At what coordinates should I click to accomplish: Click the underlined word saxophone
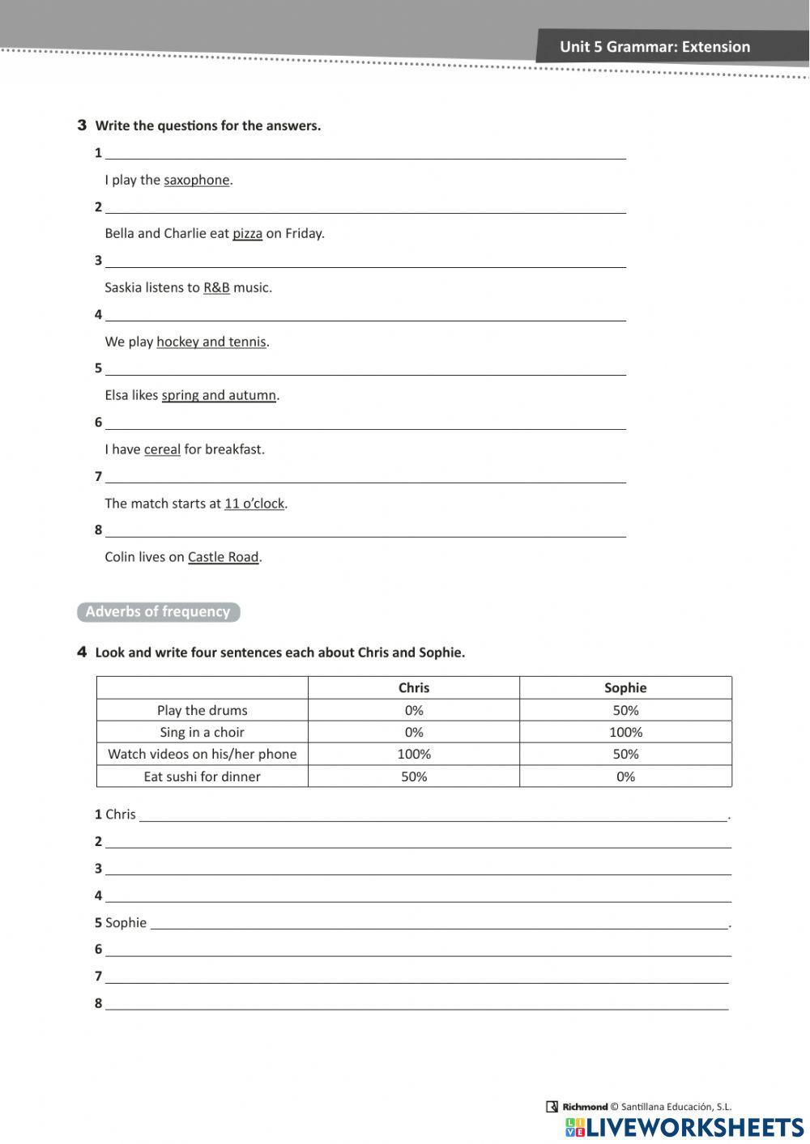click(x=197, y=180)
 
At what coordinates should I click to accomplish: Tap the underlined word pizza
click(x=247, y=233)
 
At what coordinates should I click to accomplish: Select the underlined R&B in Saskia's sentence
click(x=216, y=287)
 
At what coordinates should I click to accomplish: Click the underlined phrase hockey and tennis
click(x=211, y=342)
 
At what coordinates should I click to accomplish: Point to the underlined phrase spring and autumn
click(x=219, y=395)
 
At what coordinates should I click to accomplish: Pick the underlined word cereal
click(x=162, y=449)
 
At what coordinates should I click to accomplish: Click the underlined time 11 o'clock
click(x=254, y=504)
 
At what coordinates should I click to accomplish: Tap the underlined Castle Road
click(x=224, y=557)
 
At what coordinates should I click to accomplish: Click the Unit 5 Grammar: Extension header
click(x=654, y=47)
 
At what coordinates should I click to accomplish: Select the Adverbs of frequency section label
click(x=158, y=612)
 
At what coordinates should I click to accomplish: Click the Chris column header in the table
click(x=414, y=687)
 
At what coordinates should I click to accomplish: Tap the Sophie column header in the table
click(x=625, y=687)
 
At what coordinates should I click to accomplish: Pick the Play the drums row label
click(x=202, y=710)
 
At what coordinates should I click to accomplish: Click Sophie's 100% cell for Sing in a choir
click(x=625, y=732)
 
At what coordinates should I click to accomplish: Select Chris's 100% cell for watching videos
click(x=414, y=754)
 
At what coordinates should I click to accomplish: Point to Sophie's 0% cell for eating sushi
click(x=625, y=776)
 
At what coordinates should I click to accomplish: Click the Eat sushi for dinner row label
click(x=202, y=776)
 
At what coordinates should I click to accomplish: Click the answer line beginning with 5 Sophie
click(x=437, y=923)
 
